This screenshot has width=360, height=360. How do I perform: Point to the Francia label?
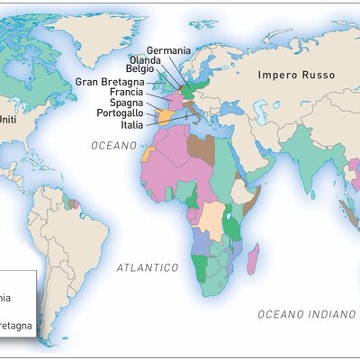[125, 92]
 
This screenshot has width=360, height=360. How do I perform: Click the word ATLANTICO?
[148, 267]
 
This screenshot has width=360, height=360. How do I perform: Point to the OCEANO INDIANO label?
[308, 314]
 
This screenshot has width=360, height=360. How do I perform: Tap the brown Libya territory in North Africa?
[202, 148]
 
